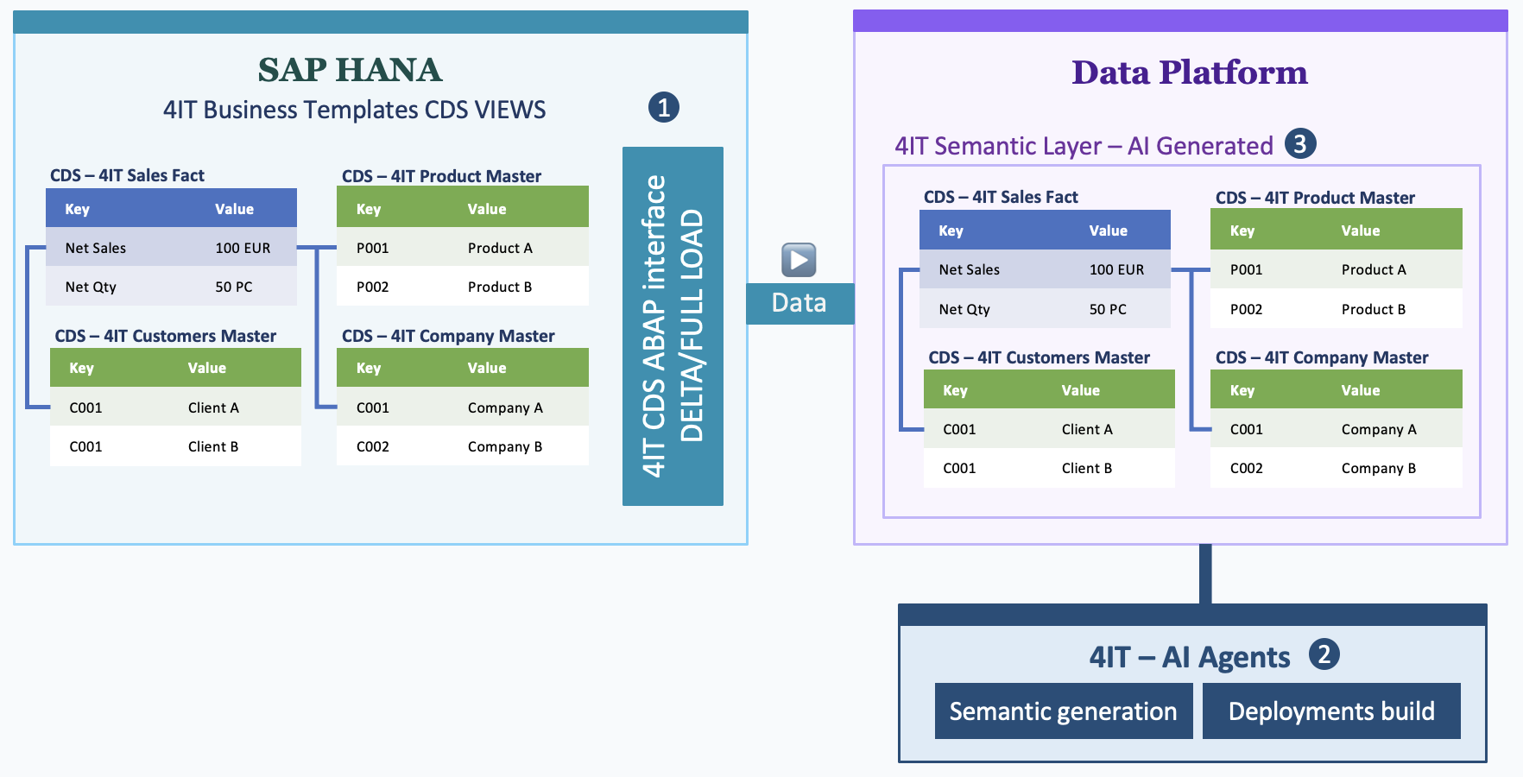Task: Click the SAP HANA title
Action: point(350,70)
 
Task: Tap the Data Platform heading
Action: point(1189,73)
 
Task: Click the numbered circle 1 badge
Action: point(663,108)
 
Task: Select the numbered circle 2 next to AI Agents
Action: point(1324,654)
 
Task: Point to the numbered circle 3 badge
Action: point(1299,143)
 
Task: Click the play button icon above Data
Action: point(799,260)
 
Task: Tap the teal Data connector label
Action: point(799,303)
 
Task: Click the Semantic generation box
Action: point(1063,711)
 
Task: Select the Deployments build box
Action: point(1330,711)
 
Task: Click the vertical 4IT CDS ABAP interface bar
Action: point(673,326)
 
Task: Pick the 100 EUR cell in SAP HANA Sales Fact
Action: point(243,248)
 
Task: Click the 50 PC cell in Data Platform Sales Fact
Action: point(1108,309)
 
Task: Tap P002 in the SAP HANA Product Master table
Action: point(372,287)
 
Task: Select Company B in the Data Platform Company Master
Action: point(1378,468)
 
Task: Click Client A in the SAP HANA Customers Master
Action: point(213,407)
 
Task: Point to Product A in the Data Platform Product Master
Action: point(1373,269)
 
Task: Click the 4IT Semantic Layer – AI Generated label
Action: point(1084,146)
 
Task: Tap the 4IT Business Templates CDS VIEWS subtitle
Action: point(354,110)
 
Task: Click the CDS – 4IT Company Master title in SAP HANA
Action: point(448,336)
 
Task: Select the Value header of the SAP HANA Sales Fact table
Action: point(234,209)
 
